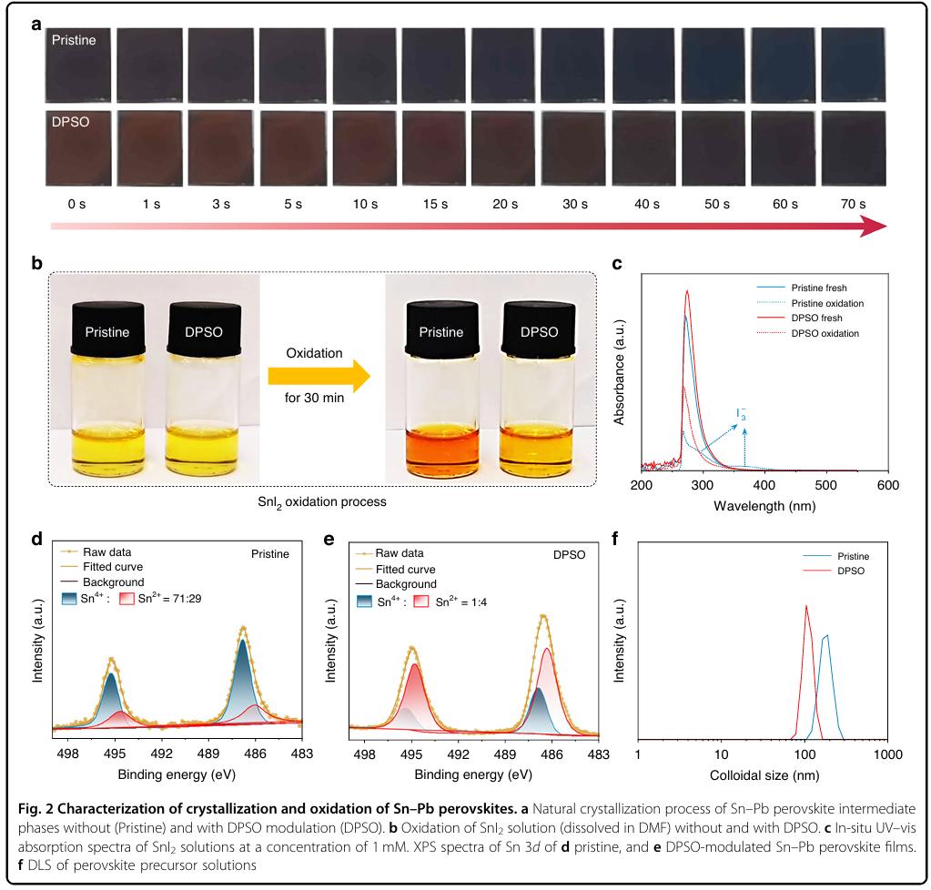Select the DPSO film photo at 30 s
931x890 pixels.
click(x=572, y=147)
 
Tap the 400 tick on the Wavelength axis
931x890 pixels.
click(x=765, y=486)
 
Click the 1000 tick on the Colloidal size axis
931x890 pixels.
click(x=887, y=755)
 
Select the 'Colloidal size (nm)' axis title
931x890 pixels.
click(x=763, y=774)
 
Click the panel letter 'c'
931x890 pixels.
click(x=617, y=265)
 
